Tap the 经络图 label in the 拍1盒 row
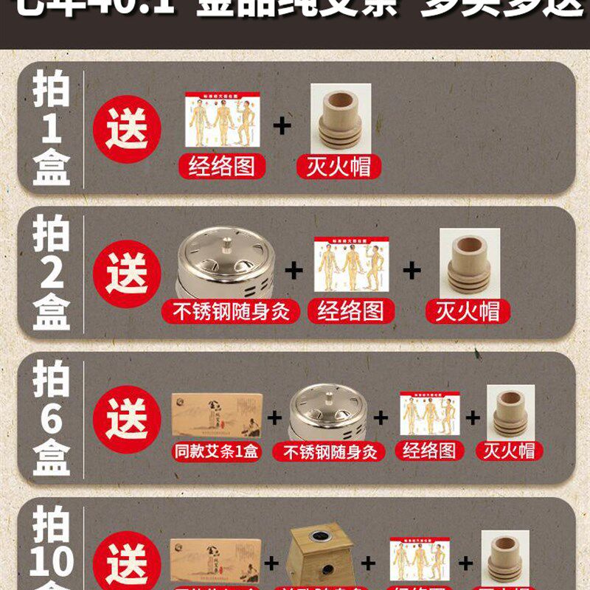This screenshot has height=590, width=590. pyautogui.click(x=218, y=166)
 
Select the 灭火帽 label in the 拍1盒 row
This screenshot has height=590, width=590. pyautogui.click(x=340, y=166)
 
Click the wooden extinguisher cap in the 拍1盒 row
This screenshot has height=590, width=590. pyautogui.click(x=340, y=118)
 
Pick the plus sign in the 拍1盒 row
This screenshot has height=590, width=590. pyautogui.click(x=282, y=125)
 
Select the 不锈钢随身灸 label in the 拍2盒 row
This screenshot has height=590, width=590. pyautogui.click(x=231, y=310)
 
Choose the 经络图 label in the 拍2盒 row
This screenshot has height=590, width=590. pyautogui.click(x=351, y=310)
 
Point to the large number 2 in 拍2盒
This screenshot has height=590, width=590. pyautogui.click(x=51, y=274)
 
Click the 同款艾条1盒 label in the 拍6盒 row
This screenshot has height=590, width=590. pyautogui.click(x=216, y=451)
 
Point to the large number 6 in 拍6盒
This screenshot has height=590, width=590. pyautogui.click(x=51, y=419)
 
